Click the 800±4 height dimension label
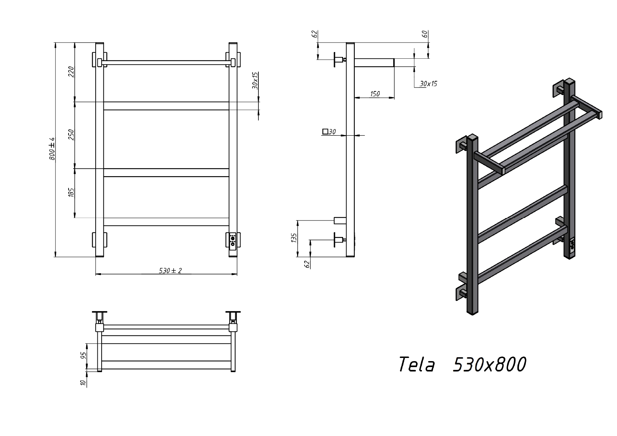click(x=52, y=149)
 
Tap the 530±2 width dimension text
click(x=171, y=270)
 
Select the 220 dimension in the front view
click(x=71, y=72)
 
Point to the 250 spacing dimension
click(x=71, y=135)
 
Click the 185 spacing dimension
click(x=71, y=192)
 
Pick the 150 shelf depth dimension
click(x=375, y=94)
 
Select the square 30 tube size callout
click(x=329, y=132)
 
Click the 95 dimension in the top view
click(x=84, y=355)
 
